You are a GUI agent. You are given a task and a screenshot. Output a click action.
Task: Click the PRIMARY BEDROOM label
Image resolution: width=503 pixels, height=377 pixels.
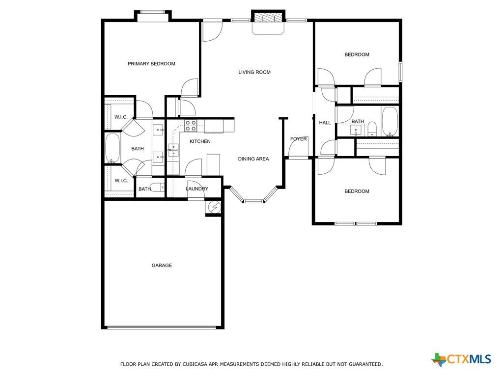point(151,64)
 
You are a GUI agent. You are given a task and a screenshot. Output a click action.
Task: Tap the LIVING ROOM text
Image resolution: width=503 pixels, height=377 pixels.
point(254,72)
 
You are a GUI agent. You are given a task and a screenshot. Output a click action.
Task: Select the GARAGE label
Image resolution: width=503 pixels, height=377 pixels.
point(162,266)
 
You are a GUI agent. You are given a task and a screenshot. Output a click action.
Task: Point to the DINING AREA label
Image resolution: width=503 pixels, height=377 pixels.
point(253,159)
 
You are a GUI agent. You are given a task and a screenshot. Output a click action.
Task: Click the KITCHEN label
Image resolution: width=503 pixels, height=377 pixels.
point(200,141)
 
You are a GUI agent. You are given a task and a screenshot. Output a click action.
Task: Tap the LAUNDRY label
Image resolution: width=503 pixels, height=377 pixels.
point(197,189)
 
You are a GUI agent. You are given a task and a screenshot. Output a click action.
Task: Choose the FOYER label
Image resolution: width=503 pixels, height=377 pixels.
point(298,139)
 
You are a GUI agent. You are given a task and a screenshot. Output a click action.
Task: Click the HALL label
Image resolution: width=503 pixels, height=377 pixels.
point(325,122)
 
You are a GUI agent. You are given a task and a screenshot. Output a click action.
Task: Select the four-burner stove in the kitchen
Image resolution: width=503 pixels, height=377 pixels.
point(191,126)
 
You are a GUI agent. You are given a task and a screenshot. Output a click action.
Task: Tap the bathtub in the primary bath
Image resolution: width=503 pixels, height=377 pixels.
point(112,148)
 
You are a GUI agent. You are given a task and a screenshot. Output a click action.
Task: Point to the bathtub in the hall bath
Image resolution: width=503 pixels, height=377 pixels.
point(390,122)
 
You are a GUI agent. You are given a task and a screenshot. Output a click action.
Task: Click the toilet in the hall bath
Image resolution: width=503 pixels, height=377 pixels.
point(372,129)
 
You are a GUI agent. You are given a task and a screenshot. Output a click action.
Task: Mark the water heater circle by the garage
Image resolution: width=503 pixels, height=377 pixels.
point(214,208)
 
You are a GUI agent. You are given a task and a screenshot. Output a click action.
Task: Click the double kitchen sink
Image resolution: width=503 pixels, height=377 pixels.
point(173,150)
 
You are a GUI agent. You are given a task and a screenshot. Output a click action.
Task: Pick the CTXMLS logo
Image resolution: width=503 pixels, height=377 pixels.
point(461,359)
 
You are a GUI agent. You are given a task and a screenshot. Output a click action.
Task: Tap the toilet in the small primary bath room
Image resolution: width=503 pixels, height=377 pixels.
point(157,187)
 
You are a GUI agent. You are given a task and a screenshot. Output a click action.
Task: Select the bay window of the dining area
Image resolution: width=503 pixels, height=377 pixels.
point(253,196)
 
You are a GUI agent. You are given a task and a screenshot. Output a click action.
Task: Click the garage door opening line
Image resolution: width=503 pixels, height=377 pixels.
point(162,327)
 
